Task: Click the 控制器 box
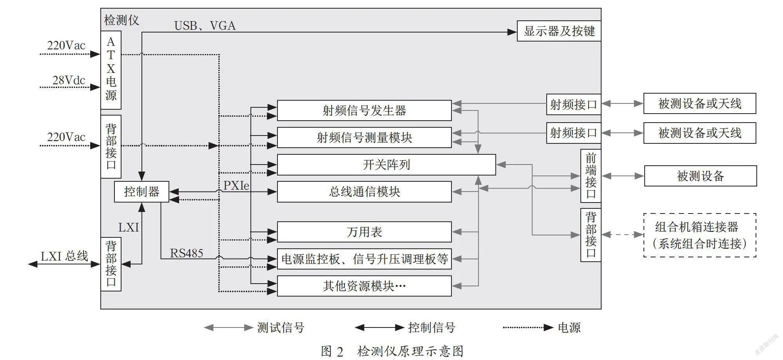pos(141,192)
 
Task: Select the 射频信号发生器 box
pos(364,110)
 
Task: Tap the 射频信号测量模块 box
pos(364,137)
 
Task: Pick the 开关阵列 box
pos(386,165)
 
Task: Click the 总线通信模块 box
pos(364,192)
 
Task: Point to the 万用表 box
pos(364,232)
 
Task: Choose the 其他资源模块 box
pos(364,286)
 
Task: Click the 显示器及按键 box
pos(559,31)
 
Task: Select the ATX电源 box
pos(111,70)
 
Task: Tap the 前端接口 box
pos(591,176)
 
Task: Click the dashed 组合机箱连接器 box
pos(700,235)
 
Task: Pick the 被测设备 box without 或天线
pos(700,176)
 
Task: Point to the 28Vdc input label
pos(69,80)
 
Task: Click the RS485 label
pos(187,253)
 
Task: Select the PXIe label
pos(236,185)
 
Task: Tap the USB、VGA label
pos(205,26)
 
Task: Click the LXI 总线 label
pos(65,256)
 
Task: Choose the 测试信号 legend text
pos(281,327)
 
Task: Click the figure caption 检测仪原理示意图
pos(410,351)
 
